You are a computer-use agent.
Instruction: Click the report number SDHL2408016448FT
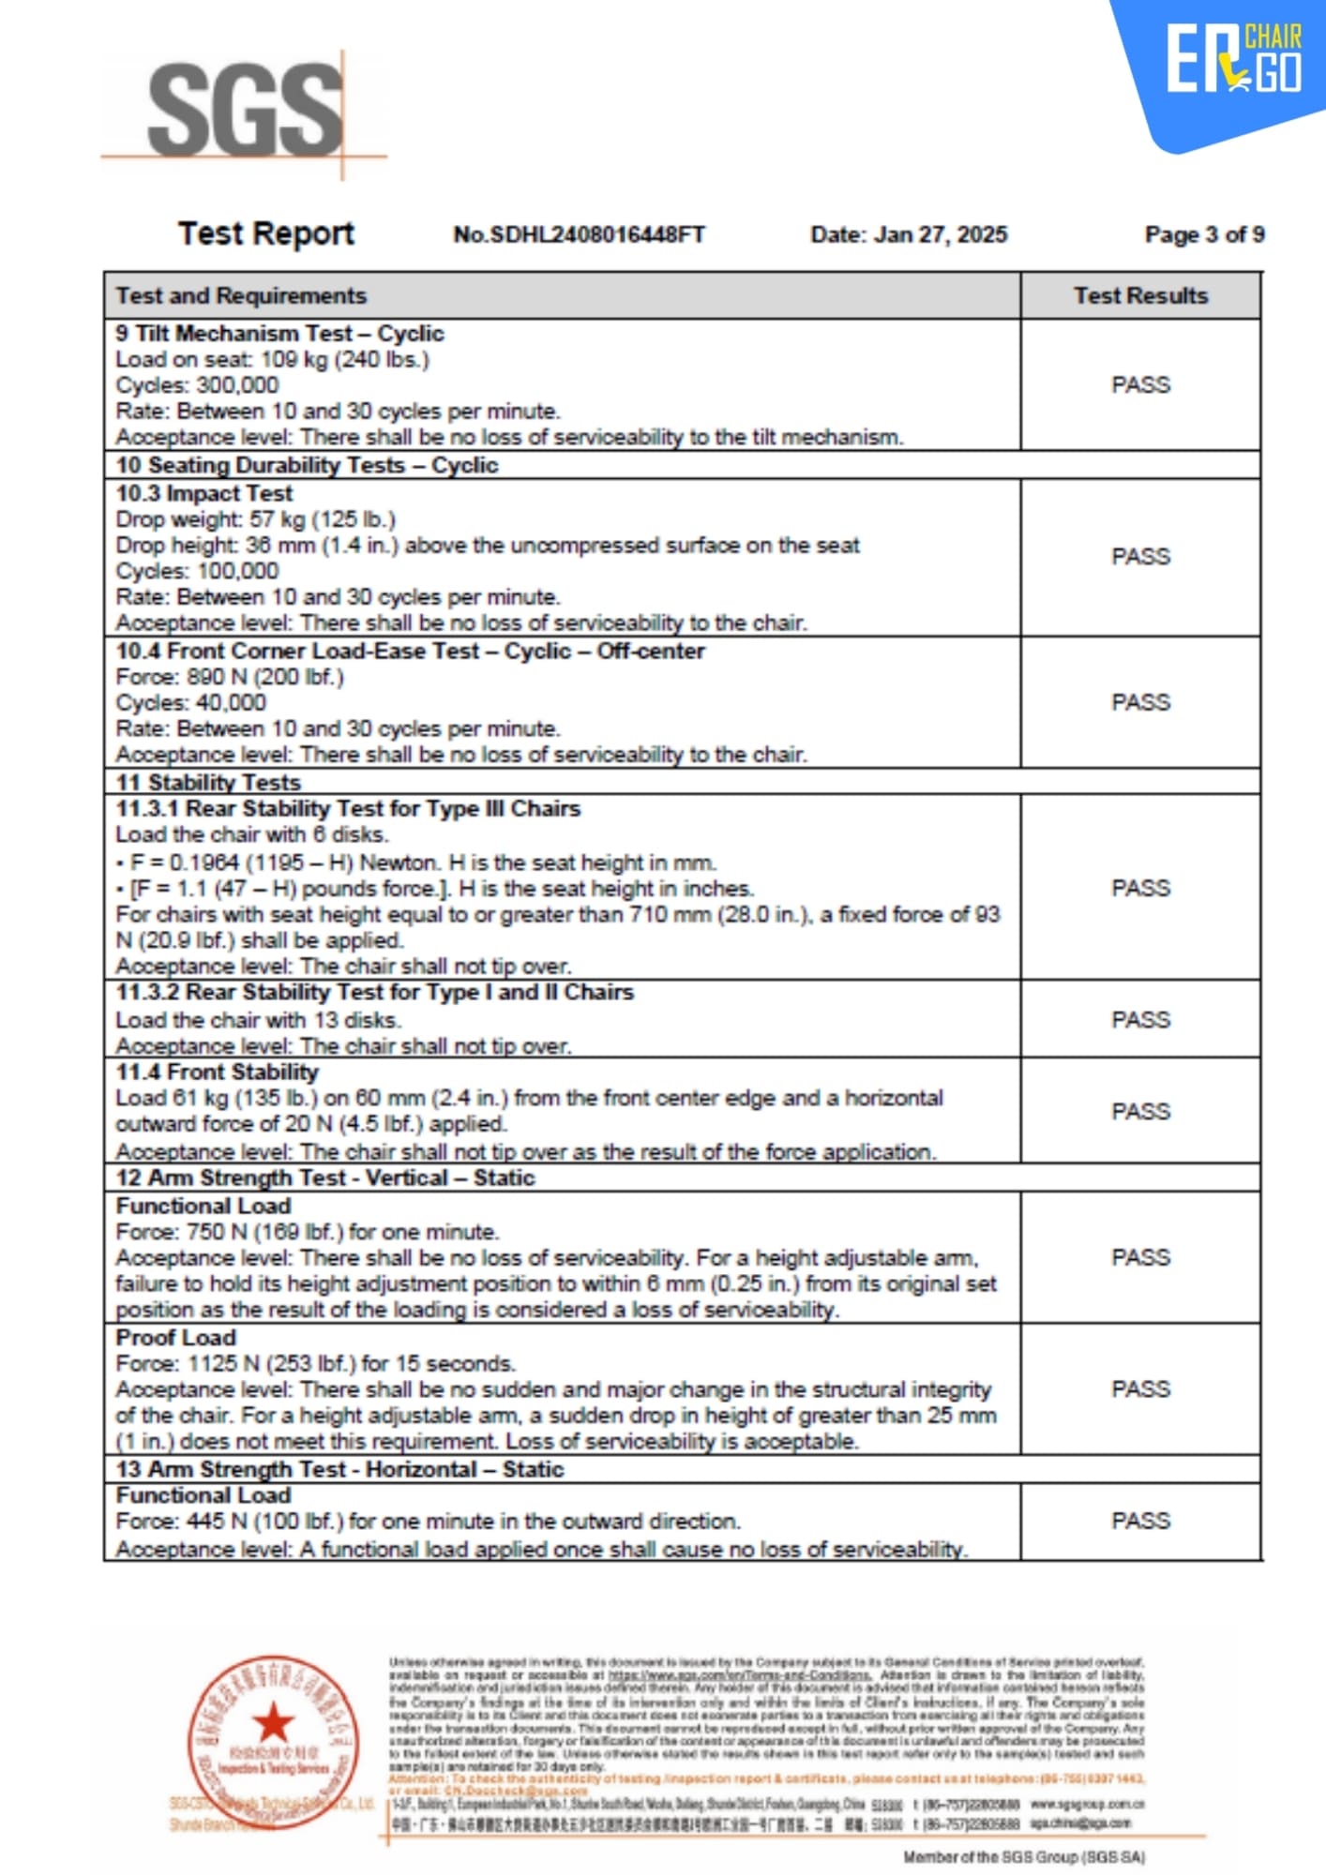pyautogui.click(x=579, y=234)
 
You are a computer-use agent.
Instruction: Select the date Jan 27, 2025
pyautogui.click(x=909, y=234)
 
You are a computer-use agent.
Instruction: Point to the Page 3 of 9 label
pyautogui.click(x=1204, y=234)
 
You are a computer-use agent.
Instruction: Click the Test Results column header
pyautogui.click(x=1140, y=296)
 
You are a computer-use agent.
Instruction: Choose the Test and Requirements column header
pyautogui.click(x=241, y=296)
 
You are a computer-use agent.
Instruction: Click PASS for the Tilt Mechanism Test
pyautogui.click(x=1140, y=385)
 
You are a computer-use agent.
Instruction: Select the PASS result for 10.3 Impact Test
pyautogui.click(x=1140, y=557)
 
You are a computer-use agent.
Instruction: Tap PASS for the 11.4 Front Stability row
pyautogui.click(x=1140, y=1112)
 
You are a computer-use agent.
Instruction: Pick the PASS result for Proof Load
pyautogui.click(x=1140, y=1389)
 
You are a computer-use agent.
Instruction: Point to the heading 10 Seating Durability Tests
pyautogui.click(x=307, y=466)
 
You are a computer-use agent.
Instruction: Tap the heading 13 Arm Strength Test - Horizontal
pyautogui.click(x=339, y=1469)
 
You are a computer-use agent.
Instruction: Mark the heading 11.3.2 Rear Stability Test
pyautogui.click(x=374, y=993)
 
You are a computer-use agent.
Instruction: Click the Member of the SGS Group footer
pyautogui.click(x=1024, y=1857)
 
